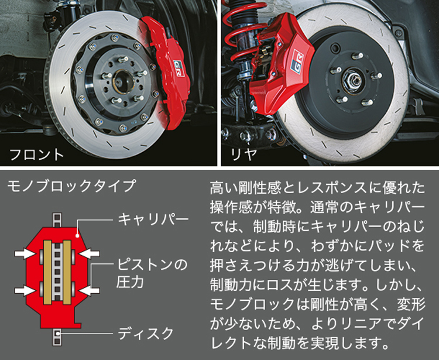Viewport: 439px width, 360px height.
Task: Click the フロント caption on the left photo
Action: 36,155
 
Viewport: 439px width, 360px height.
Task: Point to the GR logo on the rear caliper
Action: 297,61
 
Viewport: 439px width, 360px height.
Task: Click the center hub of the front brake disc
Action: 123,81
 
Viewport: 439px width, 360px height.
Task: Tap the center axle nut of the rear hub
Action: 353,80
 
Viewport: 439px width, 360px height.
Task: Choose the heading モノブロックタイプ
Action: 71,186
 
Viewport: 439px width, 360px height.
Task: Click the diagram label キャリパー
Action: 153,219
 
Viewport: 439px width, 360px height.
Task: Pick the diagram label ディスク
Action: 146,334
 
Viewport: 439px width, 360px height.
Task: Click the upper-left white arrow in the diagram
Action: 25,253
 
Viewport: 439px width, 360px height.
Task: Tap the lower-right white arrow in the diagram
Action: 90,290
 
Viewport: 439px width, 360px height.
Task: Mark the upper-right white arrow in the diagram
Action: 90,253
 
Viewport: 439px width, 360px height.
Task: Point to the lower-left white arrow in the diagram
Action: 25,290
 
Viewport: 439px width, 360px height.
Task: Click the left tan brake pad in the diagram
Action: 47,272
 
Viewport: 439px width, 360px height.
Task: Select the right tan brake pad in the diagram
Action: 67,272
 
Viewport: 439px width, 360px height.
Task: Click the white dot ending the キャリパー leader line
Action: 77,235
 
